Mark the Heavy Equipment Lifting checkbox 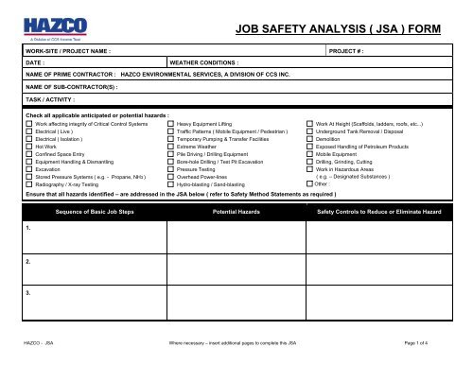[170, 125]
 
